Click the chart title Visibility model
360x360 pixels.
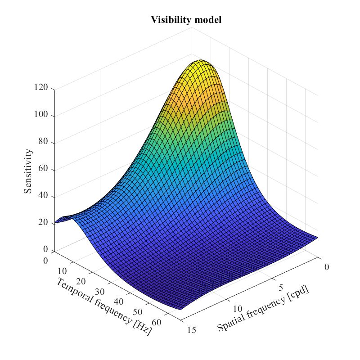click(x=186, y=20)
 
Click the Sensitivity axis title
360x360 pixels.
click(x=28, y=171)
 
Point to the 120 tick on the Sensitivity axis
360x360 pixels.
click(x=43, y=88)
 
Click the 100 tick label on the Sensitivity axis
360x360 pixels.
click(x=43, y=116)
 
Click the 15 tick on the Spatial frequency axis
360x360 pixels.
click(x=191, y=330)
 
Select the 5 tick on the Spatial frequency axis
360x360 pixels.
click(x=282, y=288)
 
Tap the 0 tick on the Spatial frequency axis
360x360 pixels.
click(x=327, y=266)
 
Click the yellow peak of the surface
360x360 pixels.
click(x=201, y=62)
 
